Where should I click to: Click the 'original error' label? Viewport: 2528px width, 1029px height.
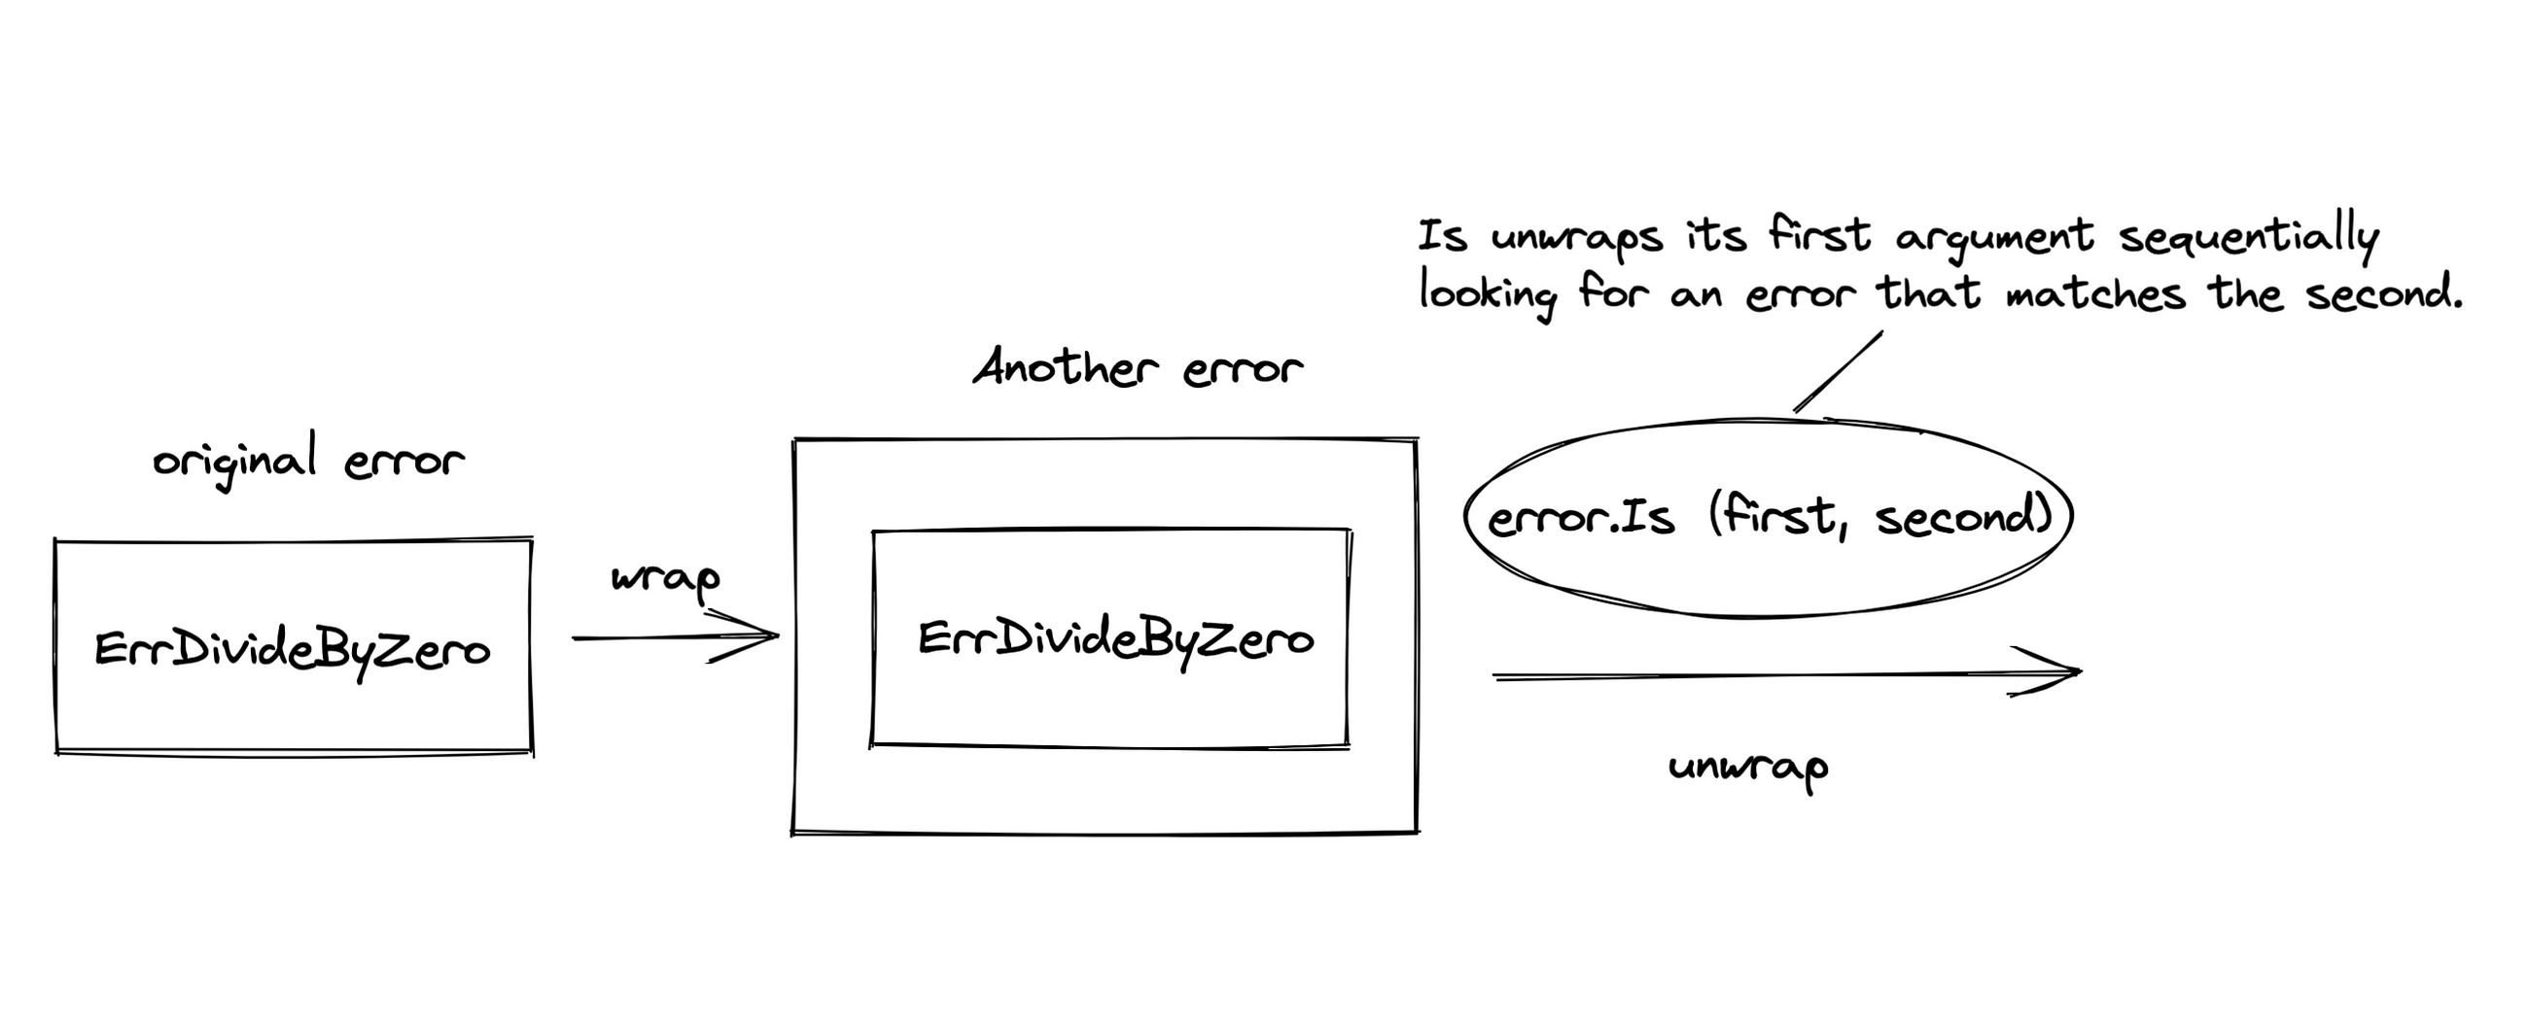pyautogui.click(x=308, y=460)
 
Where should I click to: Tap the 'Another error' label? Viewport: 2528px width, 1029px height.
pyautogui.click(x=1139, y=368)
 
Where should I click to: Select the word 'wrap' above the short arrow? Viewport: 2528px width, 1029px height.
pyautogui.click(x=665, y=579)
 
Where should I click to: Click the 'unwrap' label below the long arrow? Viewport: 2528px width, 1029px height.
pyautogui.click(x=1748, y=767)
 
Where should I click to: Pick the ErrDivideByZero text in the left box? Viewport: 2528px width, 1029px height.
pyautogui.click(x=293, y=650)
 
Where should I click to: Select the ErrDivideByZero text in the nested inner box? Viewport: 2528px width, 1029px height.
pyautogui.click(x=1116, y=639)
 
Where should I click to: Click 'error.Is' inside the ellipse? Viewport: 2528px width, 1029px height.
pyautogui.click(x=1580, y=518)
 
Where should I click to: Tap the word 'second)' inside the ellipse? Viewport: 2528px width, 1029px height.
pyautogui.click(x=1964, y=516)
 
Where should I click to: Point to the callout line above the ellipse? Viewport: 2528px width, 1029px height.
pyautogui.click(x=1838, y=372)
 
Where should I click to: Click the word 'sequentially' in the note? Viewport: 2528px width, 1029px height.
pyautogui.click(x=2248, y=236)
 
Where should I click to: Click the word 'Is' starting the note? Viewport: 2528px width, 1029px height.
pyautogui.click(x=1443, y=236)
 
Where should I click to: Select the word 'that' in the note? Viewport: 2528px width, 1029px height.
pyautogui.click(x=1928, y=292)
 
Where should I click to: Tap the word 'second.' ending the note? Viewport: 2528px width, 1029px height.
pyautogui.click(x=2385, y=292)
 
